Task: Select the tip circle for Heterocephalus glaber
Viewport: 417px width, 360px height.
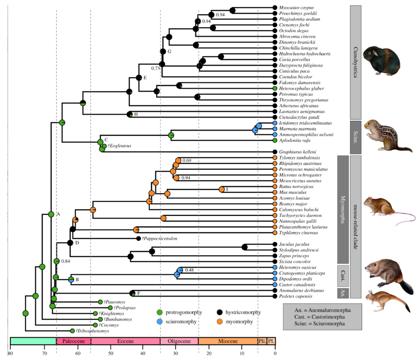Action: click(275, 88)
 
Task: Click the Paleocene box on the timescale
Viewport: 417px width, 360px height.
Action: click(73, 342)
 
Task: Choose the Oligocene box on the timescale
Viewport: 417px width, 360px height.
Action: click(179, 342)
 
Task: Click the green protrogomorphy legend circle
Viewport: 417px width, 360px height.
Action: click(160, 313)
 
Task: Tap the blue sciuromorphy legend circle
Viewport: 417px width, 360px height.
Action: click(160, 322)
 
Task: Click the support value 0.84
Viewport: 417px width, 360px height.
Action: click(66, 261)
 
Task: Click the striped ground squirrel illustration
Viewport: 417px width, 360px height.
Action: click(383, 135)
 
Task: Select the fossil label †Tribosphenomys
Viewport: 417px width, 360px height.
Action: click(92, 331)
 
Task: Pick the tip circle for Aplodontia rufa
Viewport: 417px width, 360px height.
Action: click(275, 141)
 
